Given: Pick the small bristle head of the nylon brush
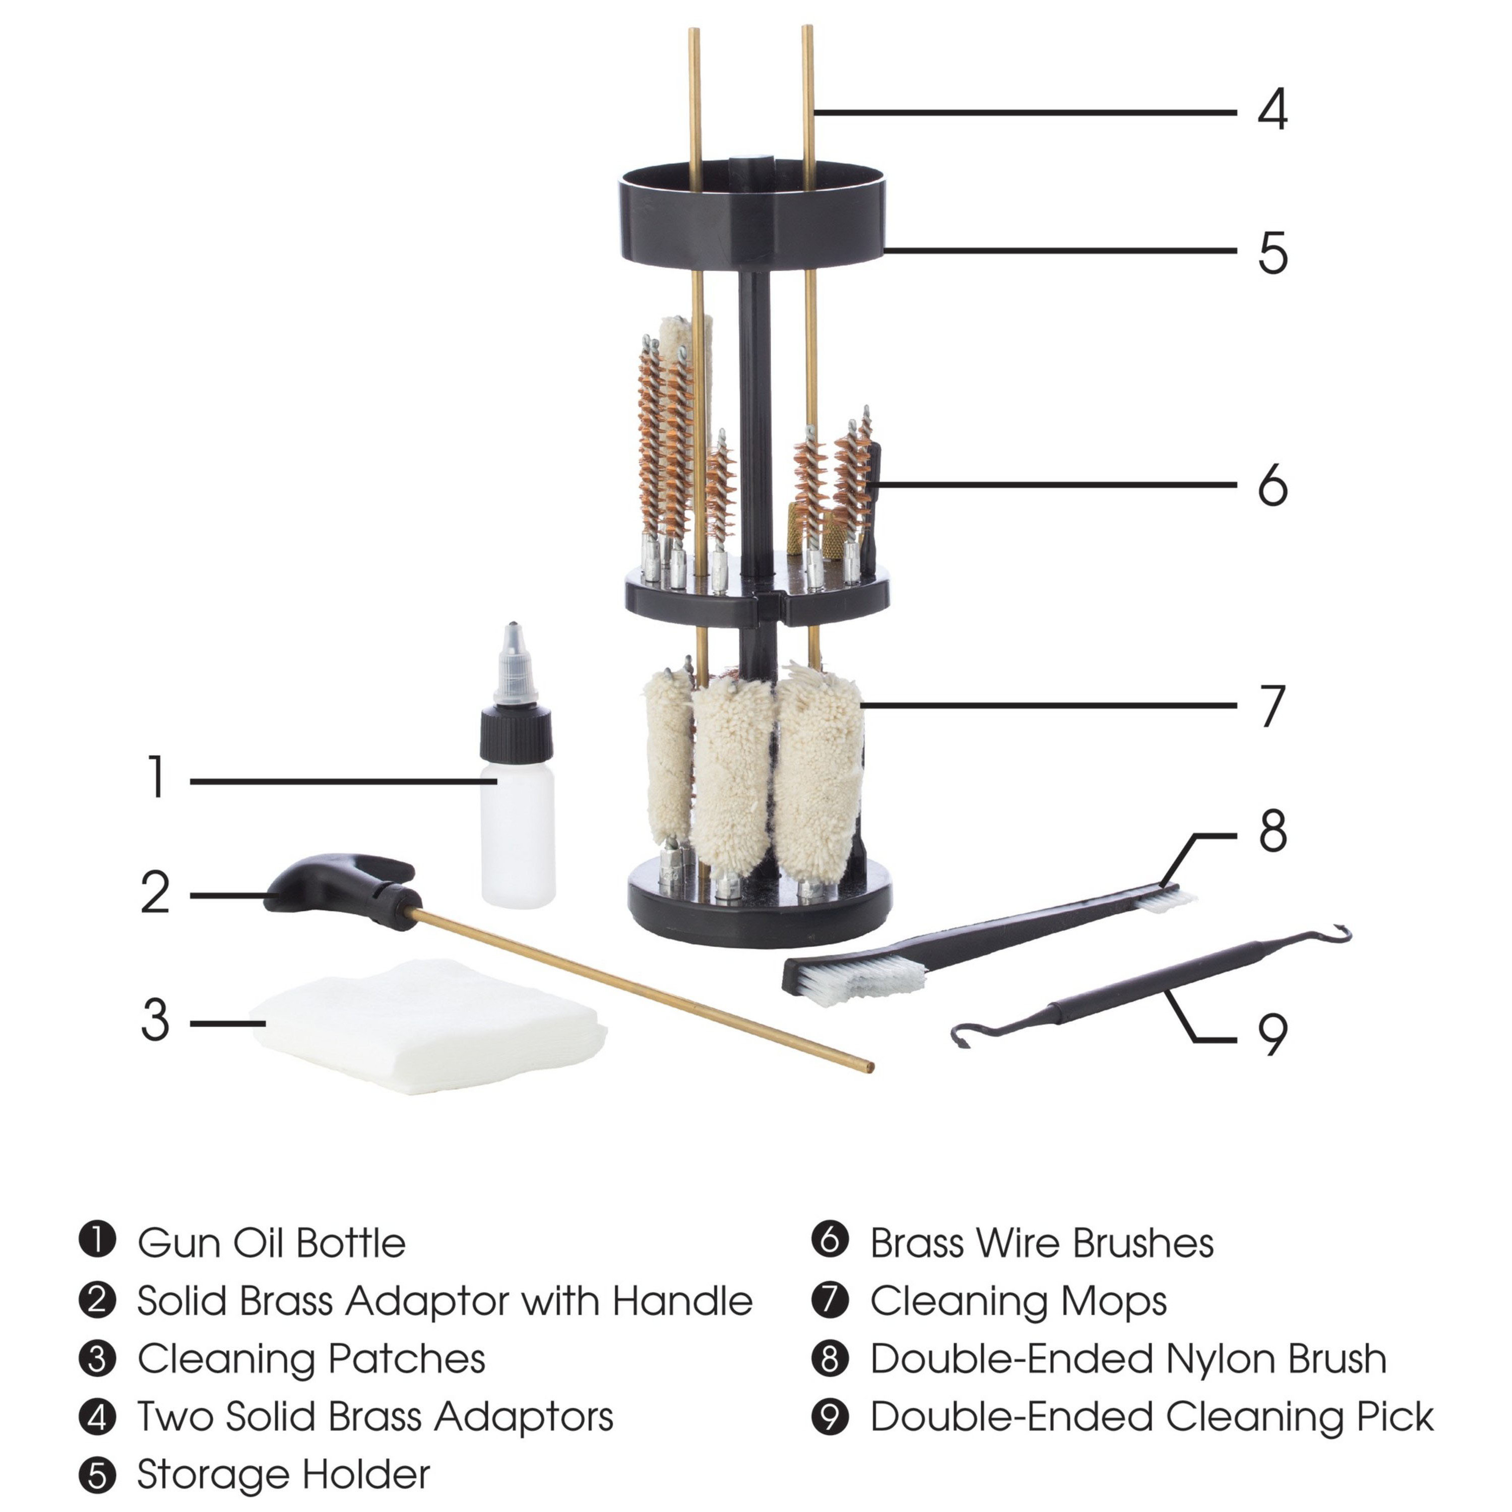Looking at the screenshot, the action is point(1165,901).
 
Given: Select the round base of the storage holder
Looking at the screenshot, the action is point(759,900).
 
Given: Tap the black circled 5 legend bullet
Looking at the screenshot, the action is point(98,1475).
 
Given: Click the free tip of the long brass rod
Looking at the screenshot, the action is point(869,1066).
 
